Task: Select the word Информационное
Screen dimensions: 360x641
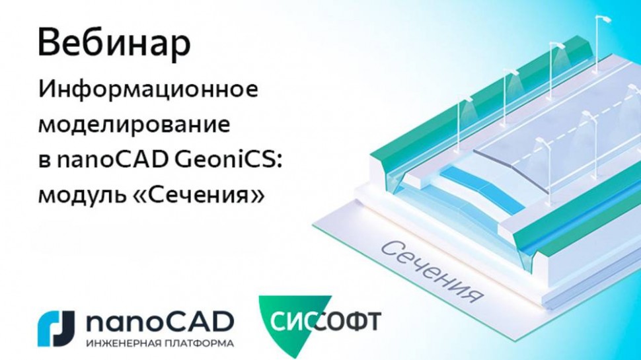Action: [x=147, y=90]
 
